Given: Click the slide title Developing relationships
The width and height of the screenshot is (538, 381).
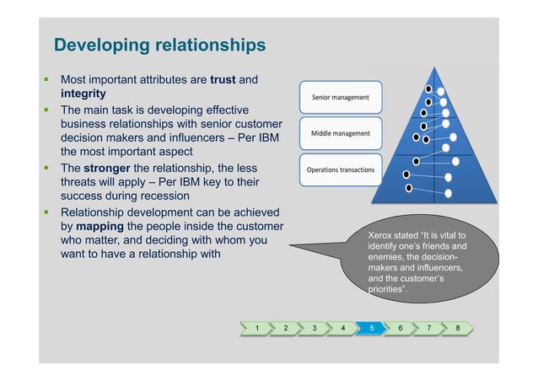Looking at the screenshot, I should [x=159, y=45].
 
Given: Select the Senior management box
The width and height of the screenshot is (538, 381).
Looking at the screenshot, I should [x=341, y=97].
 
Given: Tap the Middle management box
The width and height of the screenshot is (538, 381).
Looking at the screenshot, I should [x=341, y=133].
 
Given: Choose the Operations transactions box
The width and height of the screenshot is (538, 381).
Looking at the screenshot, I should [x=341, y=169].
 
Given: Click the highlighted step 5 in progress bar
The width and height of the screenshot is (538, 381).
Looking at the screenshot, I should [x=371, y=327].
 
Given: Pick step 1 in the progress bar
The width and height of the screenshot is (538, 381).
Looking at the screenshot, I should [x=257, y=327].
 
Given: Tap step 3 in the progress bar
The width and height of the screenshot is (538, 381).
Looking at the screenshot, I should [x=314, y=327].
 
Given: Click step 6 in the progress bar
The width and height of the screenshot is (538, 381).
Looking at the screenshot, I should [x=400, y=327].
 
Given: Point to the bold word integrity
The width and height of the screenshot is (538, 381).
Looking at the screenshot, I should [x=83, y=94].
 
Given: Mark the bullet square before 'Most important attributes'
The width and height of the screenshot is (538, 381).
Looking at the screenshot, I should [x=47, y=79].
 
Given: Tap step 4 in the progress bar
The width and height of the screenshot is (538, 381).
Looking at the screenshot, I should [x=342, y=327].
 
